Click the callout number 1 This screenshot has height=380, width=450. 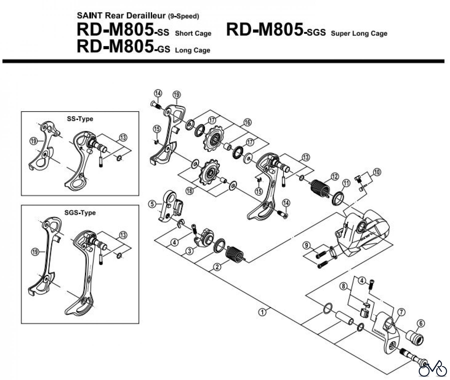(262, 312)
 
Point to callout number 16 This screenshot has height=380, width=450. (247, 122)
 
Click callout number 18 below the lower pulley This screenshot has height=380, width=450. (189, 191)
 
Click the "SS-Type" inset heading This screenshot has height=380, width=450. (80, 119)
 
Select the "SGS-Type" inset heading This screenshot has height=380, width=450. (80, 213)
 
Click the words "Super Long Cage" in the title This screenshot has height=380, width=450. (359, 33)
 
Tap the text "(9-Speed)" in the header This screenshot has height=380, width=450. (183, 17)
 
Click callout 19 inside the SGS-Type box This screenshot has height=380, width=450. (35, 252)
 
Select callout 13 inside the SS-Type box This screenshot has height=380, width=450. (123, 137)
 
